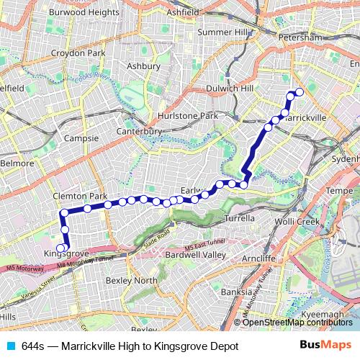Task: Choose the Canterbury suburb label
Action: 140,131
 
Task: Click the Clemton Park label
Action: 79,196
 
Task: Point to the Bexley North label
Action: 131,280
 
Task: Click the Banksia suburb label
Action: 237,292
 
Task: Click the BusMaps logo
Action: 325,345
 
